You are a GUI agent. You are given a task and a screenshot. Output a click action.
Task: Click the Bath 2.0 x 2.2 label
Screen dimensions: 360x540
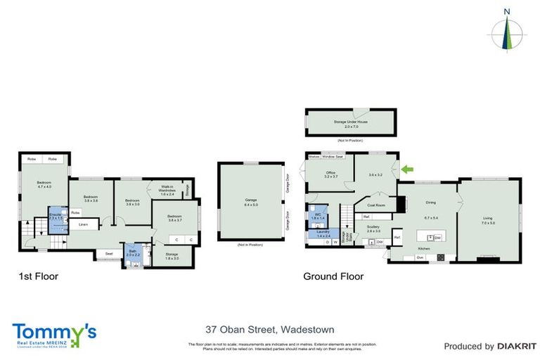point(134,252)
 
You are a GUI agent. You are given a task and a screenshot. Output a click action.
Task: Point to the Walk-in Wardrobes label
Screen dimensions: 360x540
point(167,191)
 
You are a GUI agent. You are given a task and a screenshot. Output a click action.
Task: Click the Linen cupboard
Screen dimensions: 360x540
point(83,225)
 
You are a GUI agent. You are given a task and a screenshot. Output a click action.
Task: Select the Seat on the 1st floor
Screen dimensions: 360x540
point(109,254)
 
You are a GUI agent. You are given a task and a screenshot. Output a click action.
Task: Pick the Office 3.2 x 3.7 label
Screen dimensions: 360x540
point(330,175)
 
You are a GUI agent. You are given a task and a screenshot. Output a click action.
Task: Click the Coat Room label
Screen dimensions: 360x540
point(376,205)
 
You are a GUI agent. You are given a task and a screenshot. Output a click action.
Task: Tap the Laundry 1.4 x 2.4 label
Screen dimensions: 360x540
point(323,233)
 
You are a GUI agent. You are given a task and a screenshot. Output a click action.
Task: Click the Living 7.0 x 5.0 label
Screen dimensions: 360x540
point(488,220)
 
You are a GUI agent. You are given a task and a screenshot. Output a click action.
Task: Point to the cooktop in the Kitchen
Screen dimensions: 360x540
point(440,257)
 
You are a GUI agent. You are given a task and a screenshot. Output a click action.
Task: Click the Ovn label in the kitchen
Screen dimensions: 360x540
point(420,257)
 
